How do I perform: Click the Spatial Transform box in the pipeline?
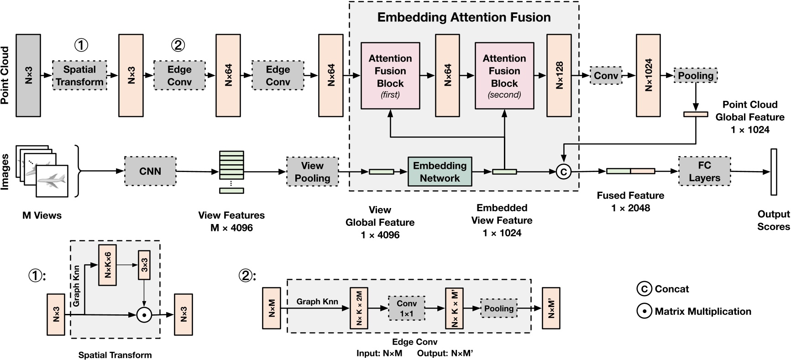click(80, 75)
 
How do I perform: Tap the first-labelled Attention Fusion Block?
click(390, 76)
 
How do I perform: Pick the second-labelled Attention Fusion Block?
click(504, 76)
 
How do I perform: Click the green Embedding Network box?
click(440, 172)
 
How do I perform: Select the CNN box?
click(150, 171)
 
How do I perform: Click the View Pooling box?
click(312, 172)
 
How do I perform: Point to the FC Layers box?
click(704, 172)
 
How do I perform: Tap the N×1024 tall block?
click(648, 75)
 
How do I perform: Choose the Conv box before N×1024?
click(606, 75)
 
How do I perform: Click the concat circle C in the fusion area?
click(564, 172)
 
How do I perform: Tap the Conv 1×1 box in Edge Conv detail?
click(406, 308)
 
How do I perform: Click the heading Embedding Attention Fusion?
click(464, 17)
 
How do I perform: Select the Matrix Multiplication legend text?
click(702, 312)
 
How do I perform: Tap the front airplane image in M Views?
click(52, 181)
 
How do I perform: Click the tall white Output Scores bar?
click(773, 172)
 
